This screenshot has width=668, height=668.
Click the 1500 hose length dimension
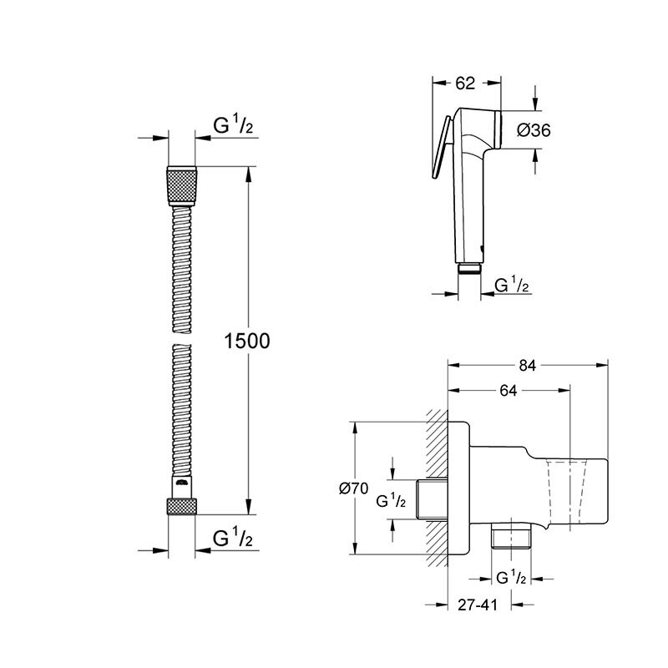(246, 340)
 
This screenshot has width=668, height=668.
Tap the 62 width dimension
(467, 83)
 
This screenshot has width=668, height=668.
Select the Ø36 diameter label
(533, 129)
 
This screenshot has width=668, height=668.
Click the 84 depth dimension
(527, 365)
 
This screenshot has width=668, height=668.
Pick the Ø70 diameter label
(354, 491)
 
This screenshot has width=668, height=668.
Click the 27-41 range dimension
(478, 607)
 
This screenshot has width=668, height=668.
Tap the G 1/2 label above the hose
(233, 126)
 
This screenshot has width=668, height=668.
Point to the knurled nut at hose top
(182, 185)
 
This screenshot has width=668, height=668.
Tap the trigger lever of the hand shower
(442, 151)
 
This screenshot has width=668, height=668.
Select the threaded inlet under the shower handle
(470, 268)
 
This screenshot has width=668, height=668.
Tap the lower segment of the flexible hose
(182, 417)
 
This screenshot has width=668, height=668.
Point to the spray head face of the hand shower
(500, 129)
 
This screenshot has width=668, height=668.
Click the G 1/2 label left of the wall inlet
(391, 501)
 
